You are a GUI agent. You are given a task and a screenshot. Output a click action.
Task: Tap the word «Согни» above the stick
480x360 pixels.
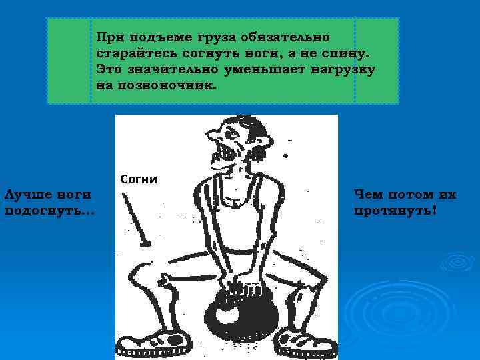(138, 179)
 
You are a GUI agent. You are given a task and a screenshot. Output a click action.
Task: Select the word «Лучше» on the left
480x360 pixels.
(24, 195)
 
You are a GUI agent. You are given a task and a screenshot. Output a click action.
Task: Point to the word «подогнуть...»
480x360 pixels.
(49, 211)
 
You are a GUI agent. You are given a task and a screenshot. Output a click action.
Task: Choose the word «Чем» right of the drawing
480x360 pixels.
(369, 195)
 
